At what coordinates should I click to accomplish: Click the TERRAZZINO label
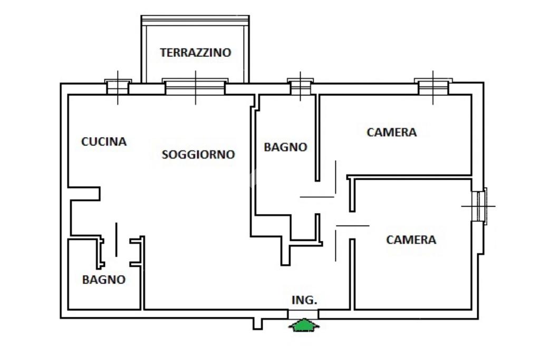[x=196, y=53]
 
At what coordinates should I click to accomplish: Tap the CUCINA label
[x=104, y=142]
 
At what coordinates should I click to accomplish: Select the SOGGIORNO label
[x=198, y=154]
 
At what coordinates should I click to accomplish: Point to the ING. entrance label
[x=304, y=300]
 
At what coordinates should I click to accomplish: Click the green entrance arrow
[x=304, y=325]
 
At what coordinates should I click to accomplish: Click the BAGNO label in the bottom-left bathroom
[x=104, y=280]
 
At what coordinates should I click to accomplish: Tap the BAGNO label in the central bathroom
[x=285, y=148]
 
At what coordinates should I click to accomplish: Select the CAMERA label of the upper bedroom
[x=391, y=132]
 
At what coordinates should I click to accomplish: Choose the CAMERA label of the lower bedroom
[x=411, y=240]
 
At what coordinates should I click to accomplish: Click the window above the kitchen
[x=118, y=86]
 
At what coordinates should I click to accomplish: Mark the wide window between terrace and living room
[x=195, y=87]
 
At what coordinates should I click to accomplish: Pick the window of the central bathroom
[x=301, y=87]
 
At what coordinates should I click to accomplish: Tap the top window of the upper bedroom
[x=433, y=87]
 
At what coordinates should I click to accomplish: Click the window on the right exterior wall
[x=480, y=206]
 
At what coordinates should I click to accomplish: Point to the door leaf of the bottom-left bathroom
[x=116, y=240]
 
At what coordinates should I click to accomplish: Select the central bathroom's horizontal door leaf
[x=317, y=197]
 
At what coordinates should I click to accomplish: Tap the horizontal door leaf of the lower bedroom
[x=352, y=226]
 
